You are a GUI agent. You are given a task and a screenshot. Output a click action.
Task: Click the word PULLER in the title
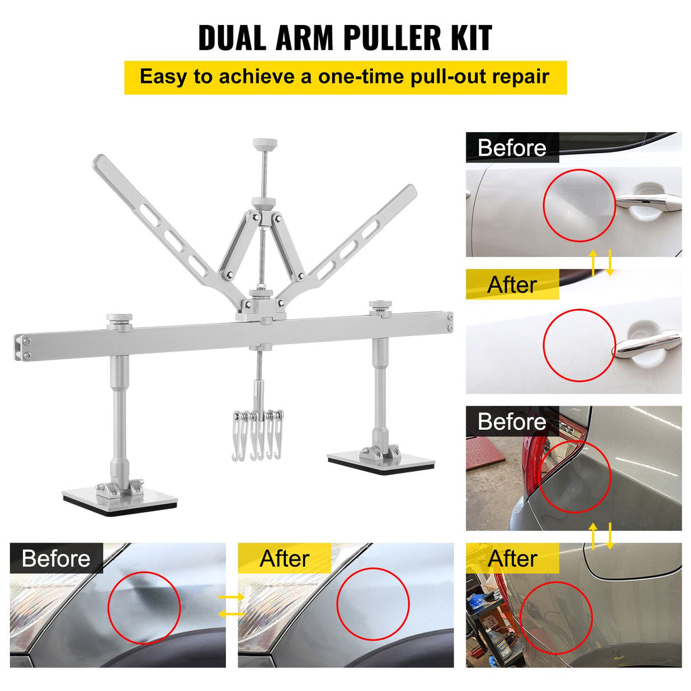coord(392,38)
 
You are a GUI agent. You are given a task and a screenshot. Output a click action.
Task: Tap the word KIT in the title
coord(470,38)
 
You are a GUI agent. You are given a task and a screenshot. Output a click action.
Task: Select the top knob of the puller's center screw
coord(265,144)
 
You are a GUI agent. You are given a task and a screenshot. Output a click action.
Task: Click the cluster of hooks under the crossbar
coord(258,435)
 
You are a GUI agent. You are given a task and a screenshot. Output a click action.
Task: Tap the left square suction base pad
coord(120,500)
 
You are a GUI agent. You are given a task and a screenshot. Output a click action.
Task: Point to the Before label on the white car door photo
coord(512,147)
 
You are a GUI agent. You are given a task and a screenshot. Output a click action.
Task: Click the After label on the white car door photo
coord(512,285)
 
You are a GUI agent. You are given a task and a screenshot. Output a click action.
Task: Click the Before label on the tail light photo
coord(512,421)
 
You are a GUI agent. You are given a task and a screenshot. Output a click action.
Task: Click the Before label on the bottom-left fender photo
coord(56,558)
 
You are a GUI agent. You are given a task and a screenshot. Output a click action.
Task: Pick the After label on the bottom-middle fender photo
coord(284,558)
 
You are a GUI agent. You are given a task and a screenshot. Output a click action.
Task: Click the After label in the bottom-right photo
coord(512,558)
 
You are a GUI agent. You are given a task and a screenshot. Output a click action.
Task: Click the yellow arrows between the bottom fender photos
coord(232,605)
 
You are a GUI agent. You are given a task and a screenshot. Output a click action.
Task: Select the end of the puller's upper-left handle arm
coord(99,161)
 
